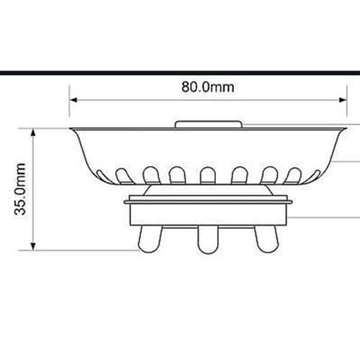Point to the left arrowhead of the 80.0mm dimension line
[71, 100]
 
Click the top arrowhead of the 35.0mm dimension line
[33, 131]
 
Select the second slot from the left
[150, 174]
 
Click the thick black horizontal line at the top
[180, 73]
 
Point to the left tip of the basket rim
[71, 129]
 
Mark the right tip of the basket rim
[341, 129]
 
